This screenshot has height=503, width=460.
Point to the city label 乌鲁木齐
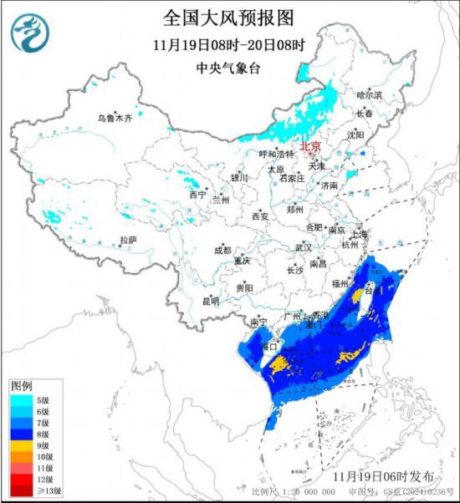pyautogui.click(x=115, y=119)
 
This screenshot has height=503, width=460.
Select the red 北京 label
pyautogui.click(x=310, y=145)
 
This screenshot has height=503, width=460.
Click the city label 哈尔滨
pyautogui.click(x=368, y=96)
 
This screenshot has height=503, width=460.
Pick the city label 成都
pyautogui.click(x=222, y=250)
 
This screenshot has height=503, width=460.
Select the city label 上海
pyautogui.click(x=362, y=234)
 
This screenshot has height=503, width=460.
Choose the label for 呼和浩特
pyautogui.click(x=276, y=155)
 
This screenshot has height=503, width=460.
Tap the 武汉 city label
pyautogui.click(x=303, y=248)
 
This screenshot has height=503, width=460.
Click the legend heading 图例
pyautogui.click(x=22, y=386)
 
